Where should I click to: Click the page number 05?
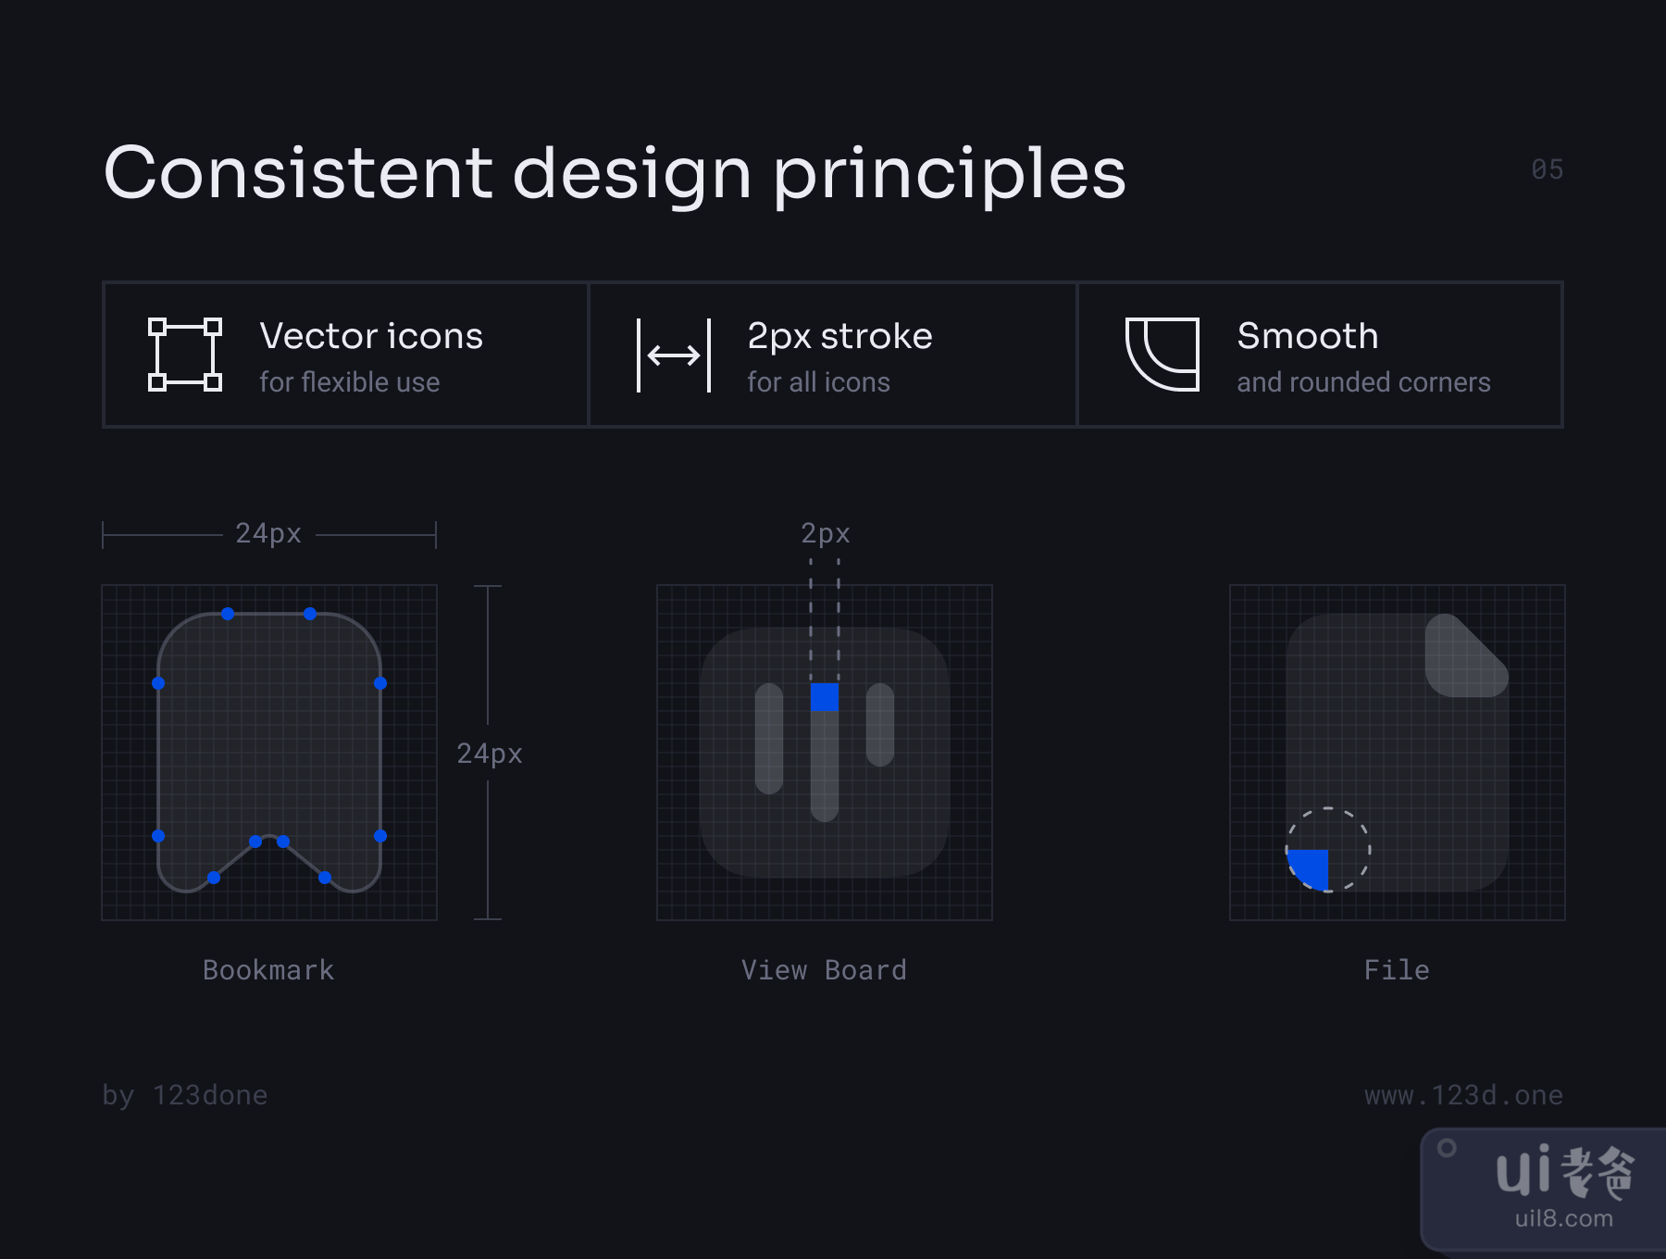(1547, 169)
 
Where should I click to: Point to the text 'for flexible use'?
(350, 382)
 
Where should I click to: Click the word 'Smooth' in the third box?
(1308, 336)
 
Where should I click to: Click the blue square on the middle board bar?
(825, 697)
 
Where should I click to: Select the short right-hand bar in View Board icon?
(880, 725)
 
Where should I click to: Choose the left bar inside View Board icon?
(769, 739)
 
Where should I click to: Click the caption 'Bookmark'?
(268, 970)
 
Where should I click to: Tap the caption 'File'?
(1397, 970)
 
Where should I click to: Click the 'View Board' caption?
(824, 970)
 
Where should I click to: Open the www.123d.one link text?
(1463, 1095)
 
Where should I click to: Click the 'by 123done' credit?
(185, 1095)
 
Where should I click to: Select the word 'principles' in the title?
(950, 176)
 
